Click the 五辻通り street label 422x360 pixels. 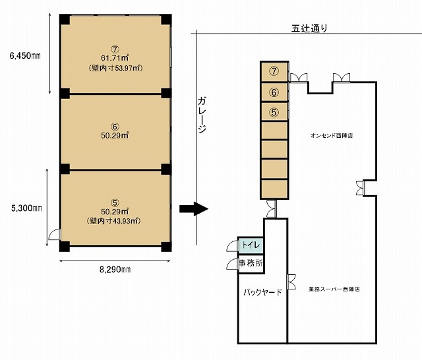pos(309,28)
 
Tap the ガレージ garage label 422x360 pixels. pos(202,115)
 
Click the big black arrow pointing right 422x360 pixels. pos(194,209)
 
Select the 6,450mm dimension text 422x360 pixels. pos(25,56)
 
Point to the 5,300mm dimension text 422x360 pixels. pos(26,208)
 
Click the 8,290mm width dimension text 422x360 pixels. pos(115,269)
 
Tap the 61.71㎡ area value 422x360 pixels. pos(115,58)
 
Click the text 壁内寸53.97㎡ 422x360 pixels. pos(115,68)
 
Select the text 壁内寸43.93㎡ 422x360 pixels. pos(114,221)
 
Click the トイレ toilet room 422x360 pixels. pos(251,245)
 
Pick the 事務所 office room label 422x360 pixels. pos(251,263)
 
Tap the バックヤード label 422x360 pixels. pos(262,292)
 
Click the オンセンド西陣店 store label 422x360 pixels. pos(332,136)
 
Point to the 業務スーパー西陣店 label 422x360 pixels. pos(334,289)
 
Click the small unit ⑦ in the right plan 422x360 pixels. pos(274,72)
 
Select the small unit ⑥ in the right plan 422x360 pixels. pos(274,92)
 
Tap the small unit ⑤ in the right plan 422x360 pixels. pos(274,112)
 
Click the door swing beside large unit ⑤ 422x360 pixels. pos(54,234)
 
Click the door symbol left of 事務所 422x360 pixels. pos(232,264)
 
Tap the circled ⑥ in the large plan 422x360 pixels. pos(115,127)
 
